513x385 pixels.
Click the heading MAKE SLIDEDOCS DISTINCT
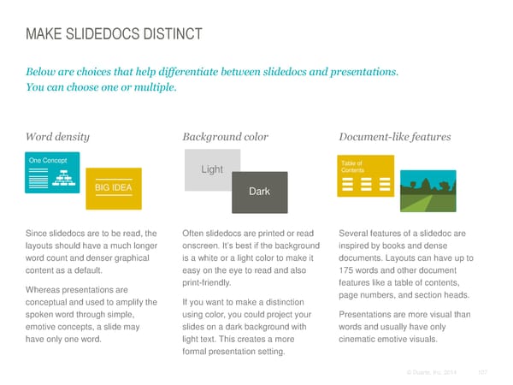click(x=114, y=34)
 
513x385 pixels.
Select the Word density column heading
click(x=57, y=136)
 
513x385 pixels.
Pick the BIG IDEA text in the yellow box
click(x=114, y=188)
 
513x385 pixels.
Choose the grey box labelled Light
click(x=212, y=169)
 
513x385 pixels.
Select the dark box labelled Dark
click(x=259, y=192)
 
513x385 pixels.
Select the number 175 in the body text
click(x=349, y=271)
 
